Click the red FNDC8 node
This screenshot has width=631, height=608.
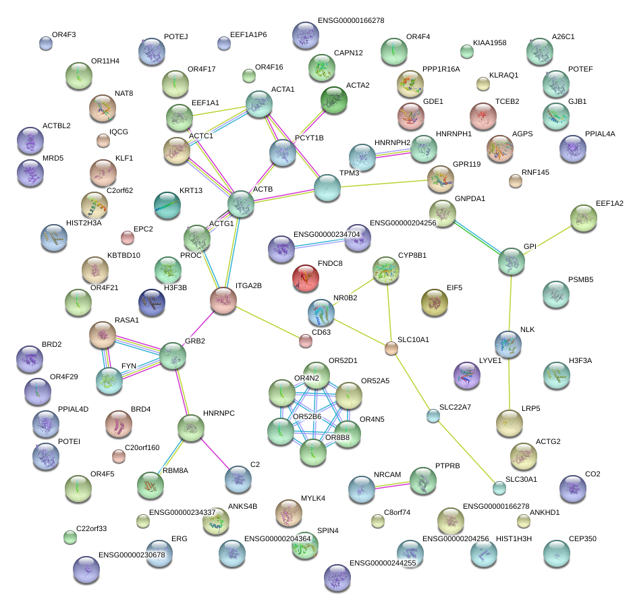point(306,278)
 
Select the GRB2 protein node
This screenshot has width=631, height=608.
point(173,356)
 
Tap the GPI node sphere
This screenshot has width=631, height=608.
point(512,261)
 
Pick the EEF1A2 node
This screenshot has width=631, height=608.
point(583,218)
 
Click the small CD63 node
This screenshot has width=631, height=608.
point(306,341)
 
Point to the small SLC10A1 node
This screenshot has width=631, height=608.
point(391,348)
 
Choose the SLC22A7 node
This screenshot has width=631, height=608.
point(433,416)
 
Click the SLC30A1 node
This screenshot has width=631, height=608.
point(499,487)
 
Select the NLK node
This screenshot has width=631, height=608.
point(508,344)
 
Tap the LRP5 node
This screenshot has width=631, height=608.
point(509,423)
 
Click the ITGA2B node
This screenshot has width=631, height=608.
point(223,300)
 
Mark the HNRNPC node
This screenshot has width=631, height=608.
point(190,428)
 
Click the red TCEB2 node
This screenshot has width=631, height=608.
point(483,116)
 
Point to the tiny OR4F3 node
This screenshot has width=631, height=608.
point(45,44)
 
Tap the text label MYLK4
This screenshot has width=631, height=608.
point(313,499)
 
